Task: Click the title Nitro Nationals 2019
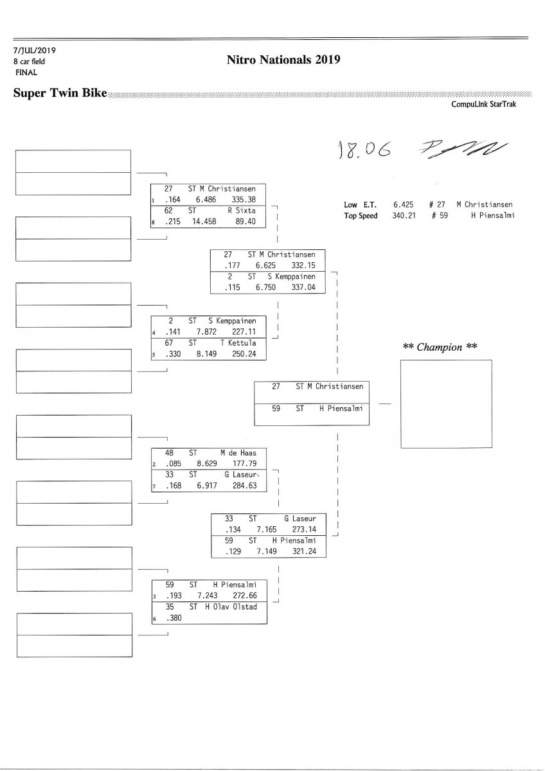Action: click(283, 60)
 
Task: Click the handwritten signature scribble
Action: click(461, 148)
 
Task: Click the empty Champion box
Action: click(446, 403)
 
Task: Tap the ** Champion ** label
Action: click(440, 348)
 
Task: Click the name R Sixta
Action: click(242, 210)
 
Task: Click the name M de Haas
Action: click(238, 453)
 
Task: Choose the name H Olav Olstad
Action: click(230, 607)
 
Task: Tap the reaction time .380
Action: click(174, 618)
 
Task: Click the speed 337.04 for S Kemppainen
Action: click(303, 288)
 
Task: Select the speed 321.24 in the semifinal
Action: click(304, 552)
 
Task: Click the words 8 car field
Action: click(29, 62)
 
